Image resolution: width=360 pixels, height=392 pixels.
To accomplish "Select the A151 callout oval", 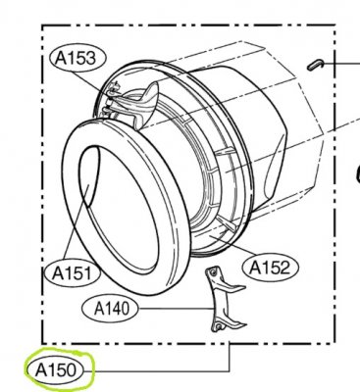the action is pyautogui.click(x=72, y=272).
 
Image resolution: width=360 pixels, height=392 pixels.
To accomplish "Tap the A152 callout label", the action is pyautogui.click(x=270, y=268).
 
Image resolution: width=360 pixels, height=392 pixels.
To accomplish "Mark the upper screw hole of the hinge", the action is pyautogui.click(x=213, y=271).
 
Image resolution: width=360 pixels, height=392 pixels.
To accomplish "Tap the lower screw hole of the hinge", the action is pyautogui.click(x=219, y=326).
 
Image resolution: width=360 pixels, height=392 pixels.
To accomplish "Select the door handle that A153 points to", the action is pyautogui.click(x=144, y=101).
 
